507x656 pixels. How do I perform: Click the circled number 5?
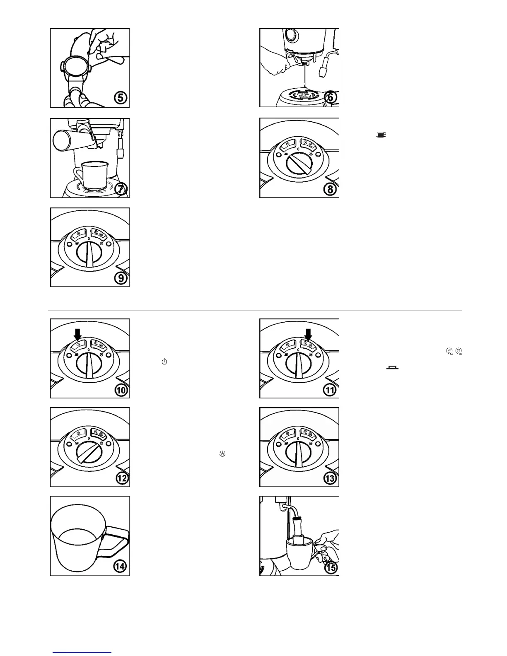(121, 99)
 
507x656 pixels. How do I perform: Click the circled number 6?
(330, 98)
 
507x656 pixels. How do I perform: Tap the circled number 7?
(121, 189)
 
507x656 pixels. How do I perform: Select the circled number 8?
(330, 189)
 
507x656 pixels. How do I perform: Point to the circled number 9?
(121, 277)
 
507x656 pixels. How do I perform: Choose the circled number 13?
(331, 478)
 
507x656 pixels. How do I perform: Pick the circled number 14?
(121, 567)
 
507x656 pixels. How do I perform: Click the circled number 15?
(331, 567)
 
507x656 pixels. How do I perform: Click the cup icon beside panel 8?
(381, 134)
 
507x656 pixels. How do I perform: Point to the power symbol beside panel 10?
(164, 362)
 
